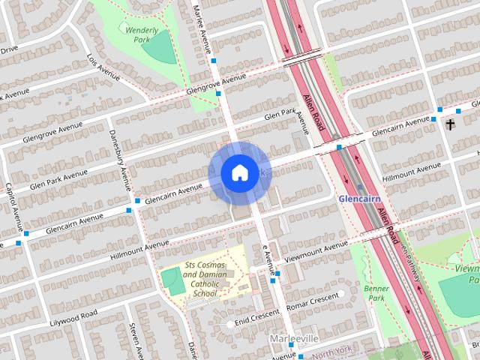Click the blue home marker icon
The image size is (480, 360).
(x=239, y=173)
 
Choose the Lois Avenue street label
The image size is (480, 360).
(x=104, y=67)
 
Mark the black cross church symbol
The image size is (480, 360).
(x=451, y=124)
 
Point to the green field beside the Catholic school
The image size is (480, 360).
(x=172, y=281)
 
